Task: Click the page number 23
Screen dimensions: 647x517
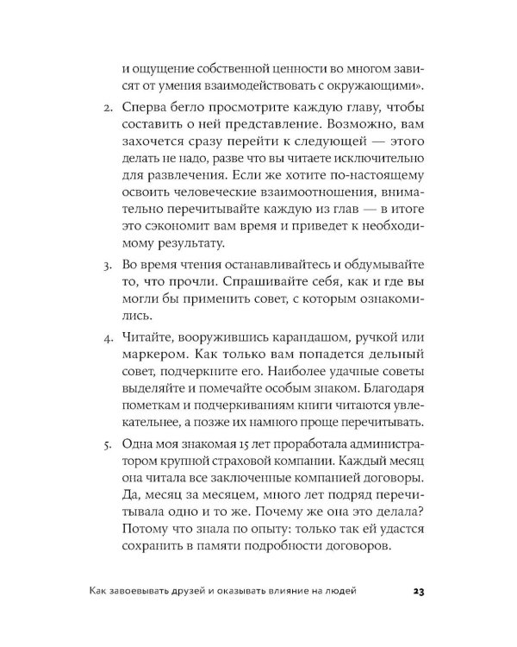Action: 419,591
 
